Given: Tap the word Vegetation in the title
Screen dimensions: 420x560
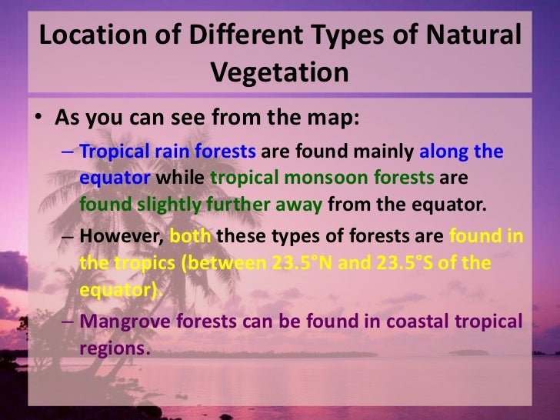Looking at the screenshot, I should (279, 72).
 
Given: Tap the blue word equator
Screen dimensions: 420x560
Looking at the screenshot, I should (115, 178).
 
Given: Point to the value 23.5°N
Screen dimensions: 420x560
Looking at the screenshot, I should (304, 264).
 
